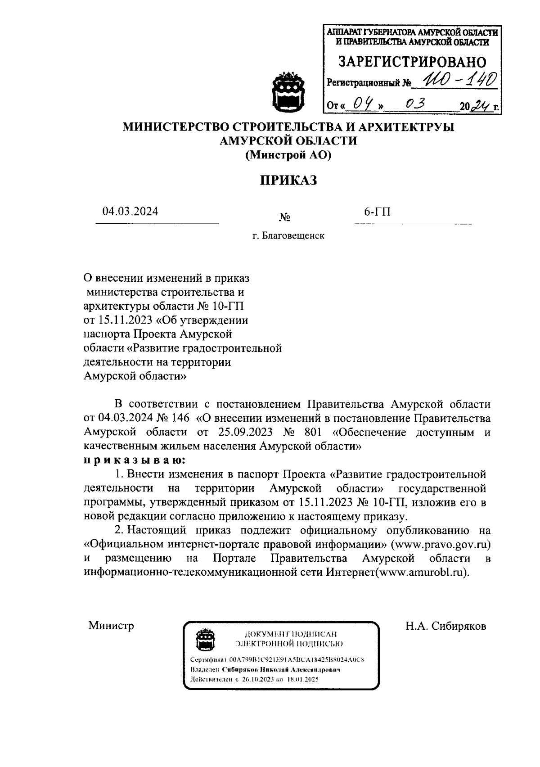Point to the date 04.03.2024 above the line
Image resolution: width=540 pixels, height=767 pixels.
[x=130, y=211]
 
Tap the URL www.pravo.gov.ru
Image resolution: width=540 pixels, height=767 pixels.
[x=440, y=544]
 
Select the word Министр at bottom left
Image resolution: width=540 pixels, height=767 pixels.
[x=111, y=626]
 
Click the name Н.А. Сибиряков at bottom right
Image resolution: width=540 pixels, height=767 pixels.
[x=445, y=626]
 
